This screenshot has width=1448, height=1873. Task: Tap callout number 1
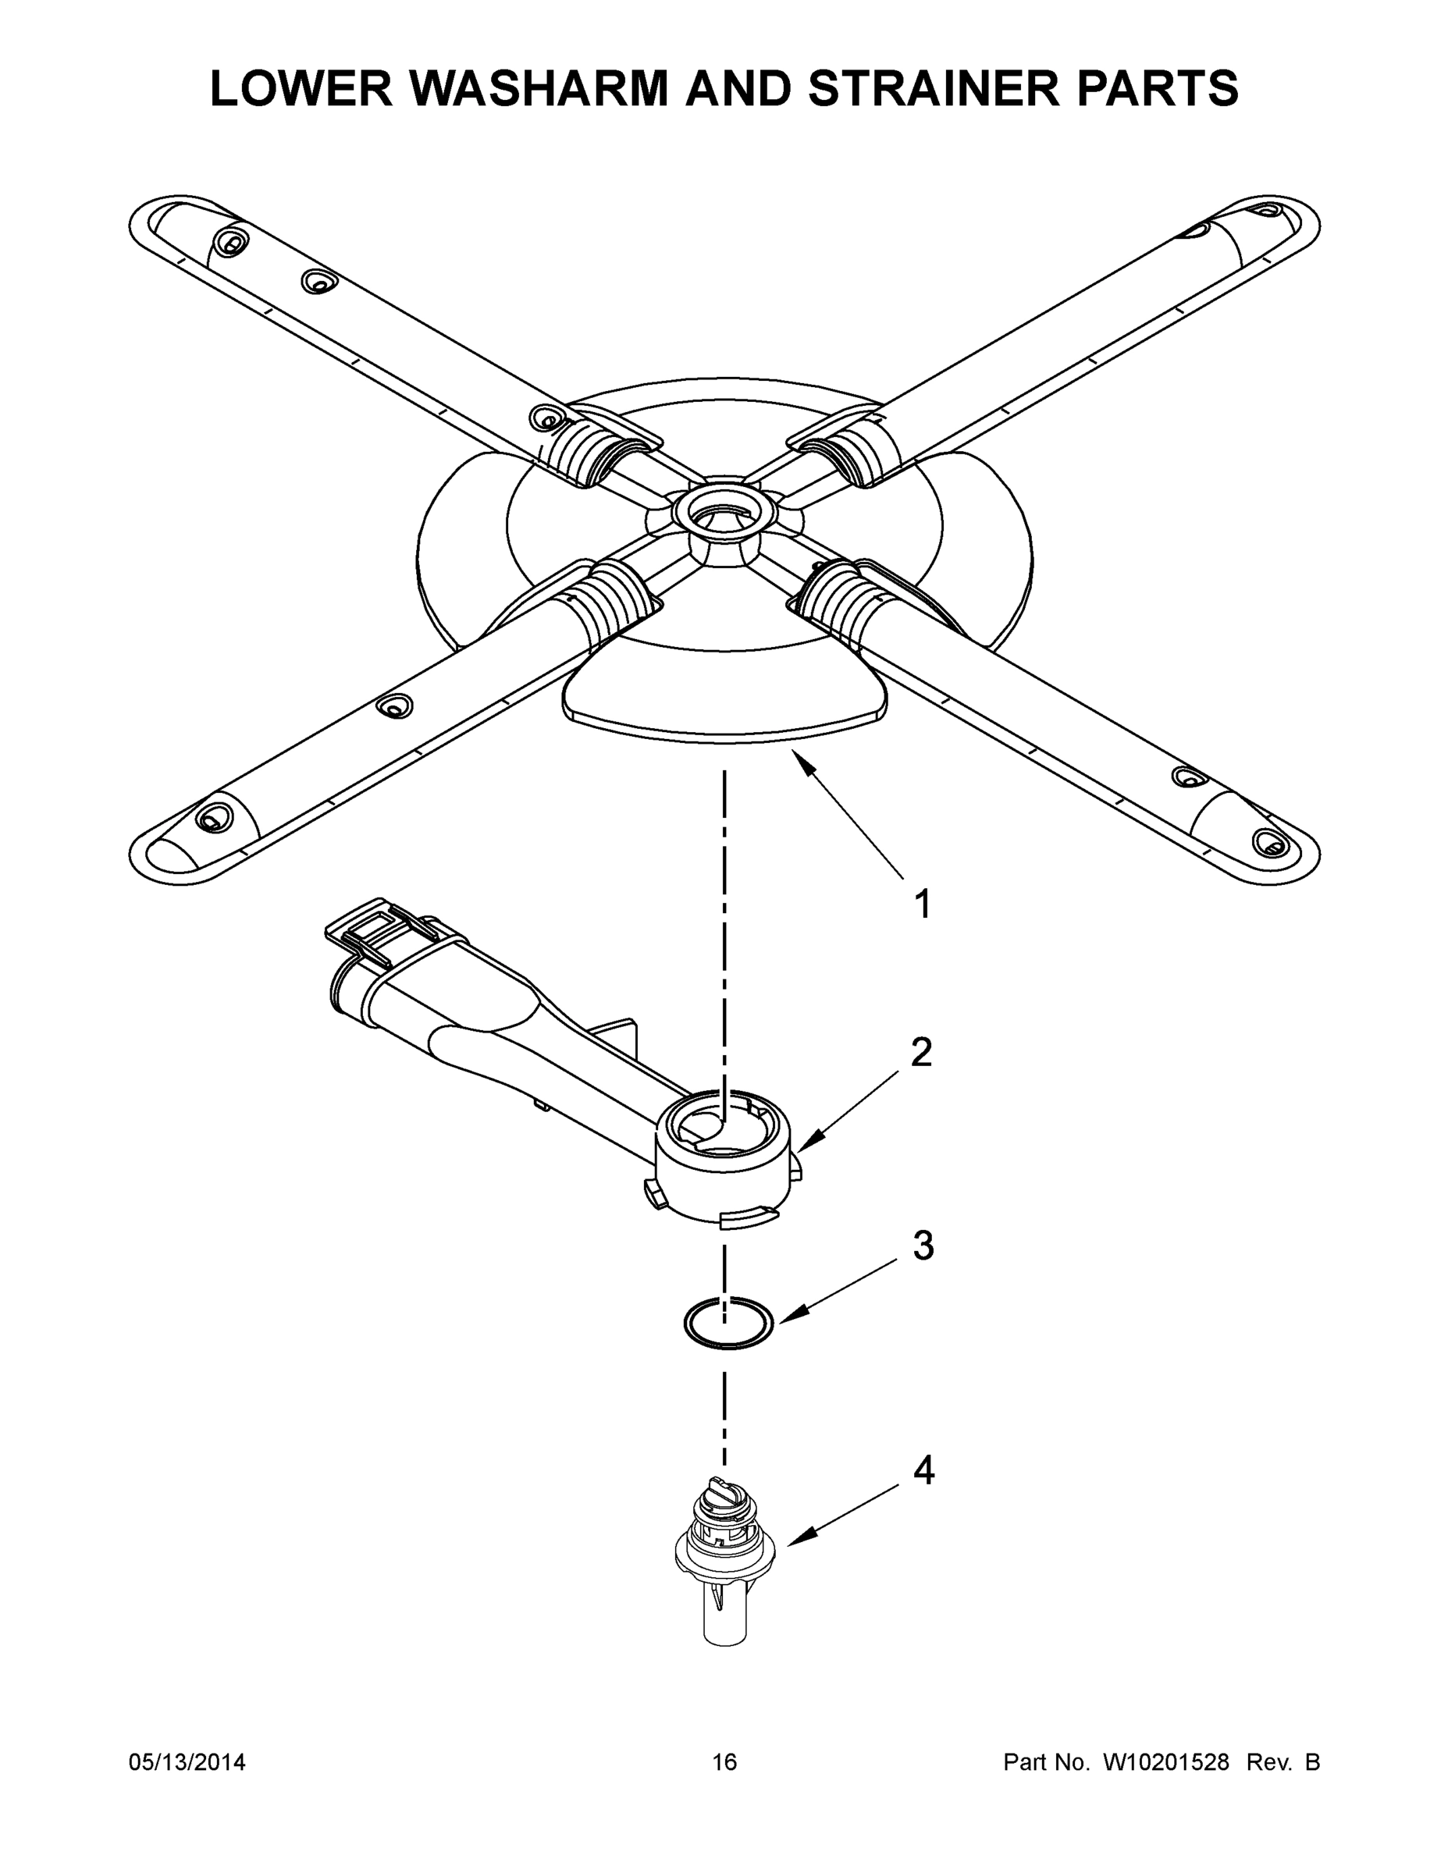coord(922,904)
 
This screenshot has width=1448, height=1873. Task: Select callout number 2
coord(921,1052)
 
